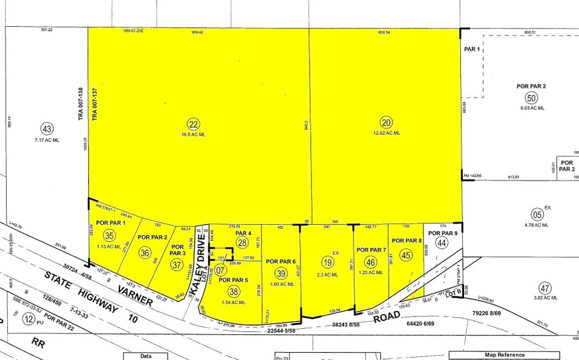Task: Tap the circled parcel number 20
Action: pos(386,122)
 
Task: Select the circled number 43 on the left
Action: pos(47,129)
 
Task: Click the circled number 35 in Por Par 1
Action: pos(109,235)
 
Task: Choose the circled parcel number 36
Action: pos(145,252)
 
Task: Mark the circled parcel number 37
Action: pos(177,264)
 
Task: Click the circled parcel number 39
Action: pos(281,273)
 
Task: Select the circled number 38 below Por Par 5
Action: pos(234,292)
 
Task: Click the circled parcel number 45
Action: pos(405,255)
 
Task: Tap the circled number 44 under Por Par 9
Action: pos(443,243)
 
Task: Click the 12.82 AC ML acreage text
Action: pos(386,133)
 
